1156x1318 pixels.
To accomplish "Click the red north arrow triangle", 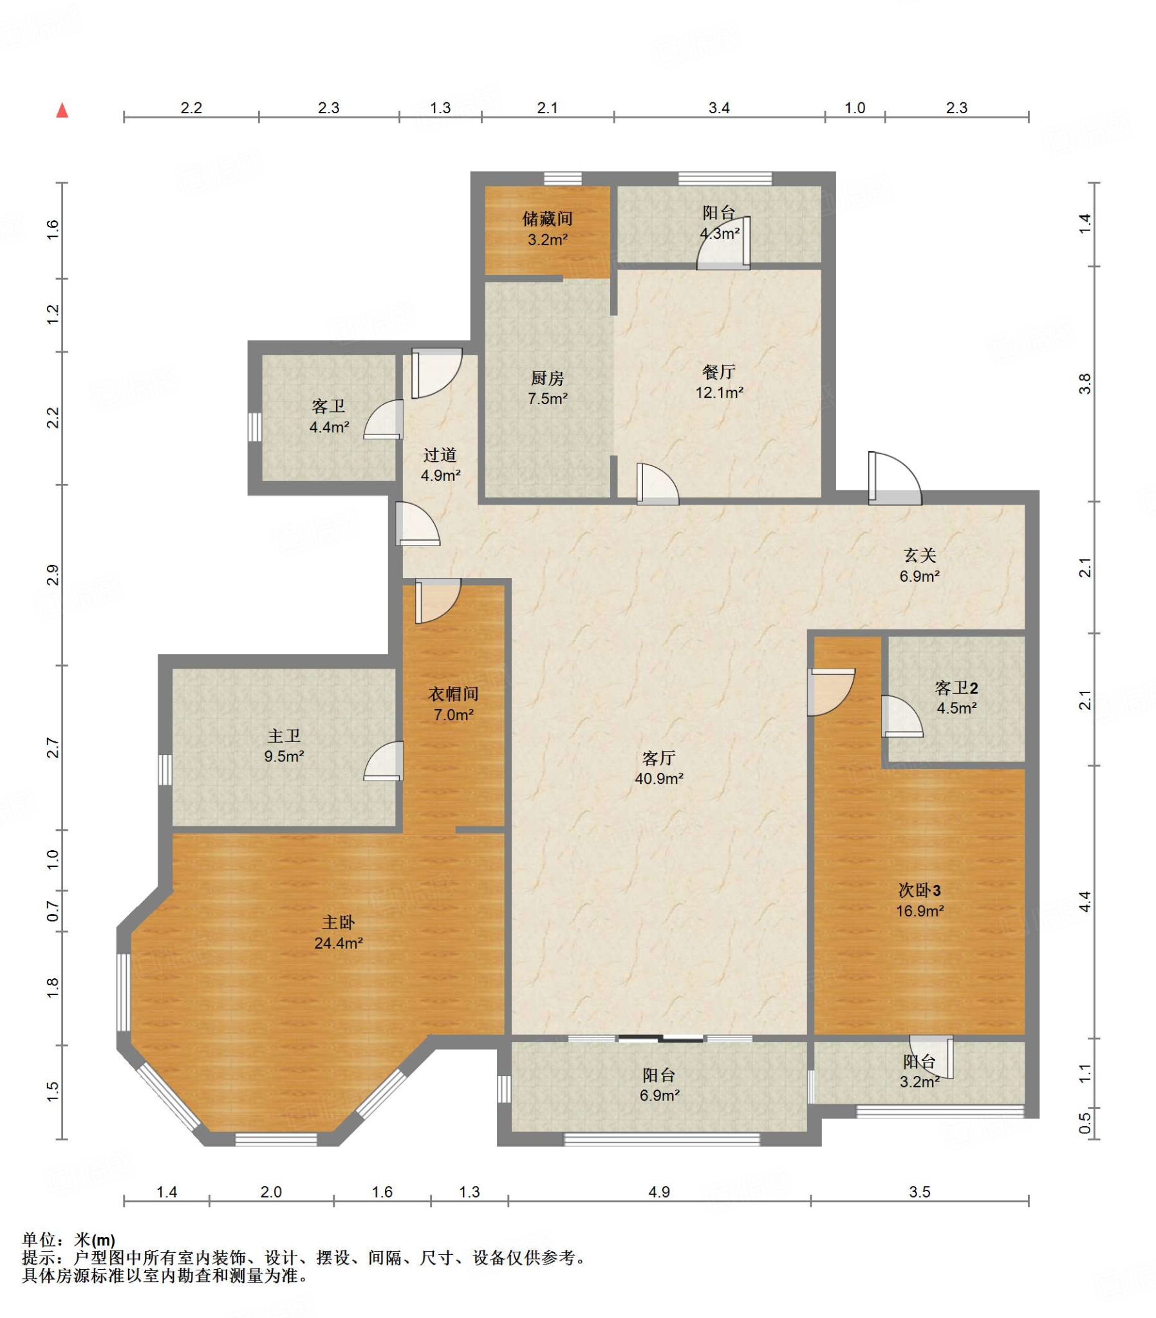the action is [62, 110].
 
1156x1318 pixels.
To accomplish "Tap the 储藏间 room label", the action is [547, 219].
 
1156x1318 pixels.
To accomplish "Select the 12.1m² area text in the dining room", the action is [719, 393].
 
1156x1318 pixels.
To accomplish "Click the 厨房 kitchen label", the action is [547, 378].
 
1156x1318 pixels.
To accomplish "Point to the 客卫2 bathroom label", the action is [956, 689].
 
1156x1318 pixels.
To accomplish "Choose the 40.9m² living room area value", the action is [658, 779].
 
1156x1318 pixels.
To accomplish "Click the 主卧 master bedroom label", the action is [338, 923].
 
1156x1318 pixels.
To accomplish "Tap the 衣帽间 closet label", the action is [454, 694].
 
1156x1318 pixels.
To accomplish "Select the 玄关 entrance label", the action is [919, 555].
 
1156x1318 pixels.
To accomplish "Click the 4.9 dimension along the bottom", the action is [658, 1193].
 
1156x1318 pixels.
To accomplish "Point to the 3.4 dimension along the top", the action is [718, 108].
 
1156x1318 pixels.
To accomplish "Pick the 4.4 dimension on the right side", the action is [1085, 902].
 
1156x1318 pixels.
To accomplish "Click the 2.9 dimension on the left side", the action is [53, 575].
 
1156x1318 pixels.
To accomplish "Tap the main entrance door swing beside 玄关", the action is [895, 478].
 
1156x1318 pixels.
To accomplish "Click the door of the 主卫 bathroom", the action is [384, 761].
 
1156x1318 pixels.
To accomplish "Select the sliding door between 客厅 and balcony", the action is [660, 1039].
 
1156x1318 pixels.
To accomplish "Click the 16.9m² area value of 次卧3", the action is [919, 911].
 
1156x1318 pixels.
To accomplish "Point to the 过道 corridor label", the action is [440, 455].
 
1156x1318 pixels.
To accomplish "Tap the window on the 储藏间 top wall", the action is [563, 179].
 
